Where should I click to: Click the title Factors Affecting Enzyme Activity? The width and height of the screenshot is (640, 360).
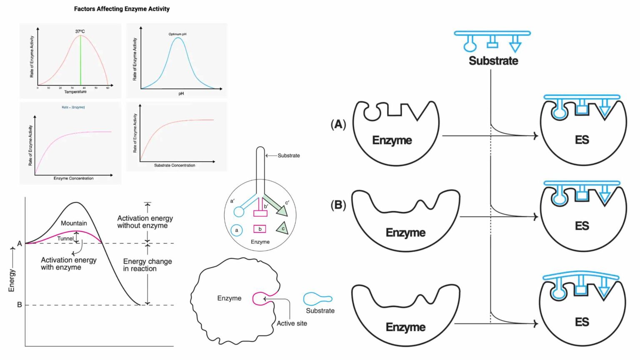click(122, 9)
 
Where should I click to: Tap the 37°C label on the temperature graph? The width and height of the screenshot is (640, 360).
click(80, 31)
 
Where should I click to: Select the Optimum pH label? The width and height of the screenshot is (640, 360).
click(177, 34)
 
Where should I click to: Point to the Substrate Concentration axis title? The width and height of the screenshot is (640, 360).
click(175, 165)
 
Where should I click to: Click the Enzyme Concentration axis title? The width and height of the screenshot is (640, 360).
click(73, 178)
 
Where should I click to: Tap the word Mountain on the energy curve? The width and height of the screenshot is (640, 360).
click(74, 223)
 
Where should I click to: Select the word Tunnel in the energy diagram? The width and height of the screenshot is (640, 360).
click(65, 239)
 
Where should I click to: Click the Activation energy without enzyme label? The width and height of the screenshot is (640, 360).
click(145, 222)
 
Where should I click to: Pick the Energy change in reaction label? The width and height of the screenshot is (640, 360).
click(147, 265)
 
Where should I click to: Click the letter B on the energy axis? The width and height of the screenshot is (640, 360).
click(19, 305)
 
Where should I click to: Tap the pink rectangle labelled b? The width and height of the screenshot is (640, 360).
click(260, 229)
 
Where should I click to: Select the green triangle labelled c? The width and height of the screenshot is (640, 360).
click(282, 228)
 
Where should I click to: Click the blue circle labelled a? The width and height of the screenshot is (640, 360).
click(237, 230)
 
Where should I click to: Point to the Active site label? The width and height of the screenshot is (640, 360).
click(292, 323)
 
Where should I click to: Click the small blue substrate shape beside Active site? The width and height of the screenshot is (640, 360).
click(317, 299)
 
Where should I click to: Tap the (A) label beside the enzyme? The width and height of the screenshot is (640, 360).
click(338, 124)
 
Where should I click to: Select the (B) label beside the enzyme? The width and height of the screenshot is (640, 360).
click(338, 205)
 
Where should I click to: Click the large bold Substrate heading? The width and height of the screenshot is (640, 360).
click(493, 61)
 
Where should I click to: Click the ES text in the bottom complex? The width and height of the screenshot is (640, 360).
click(582, 322)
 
